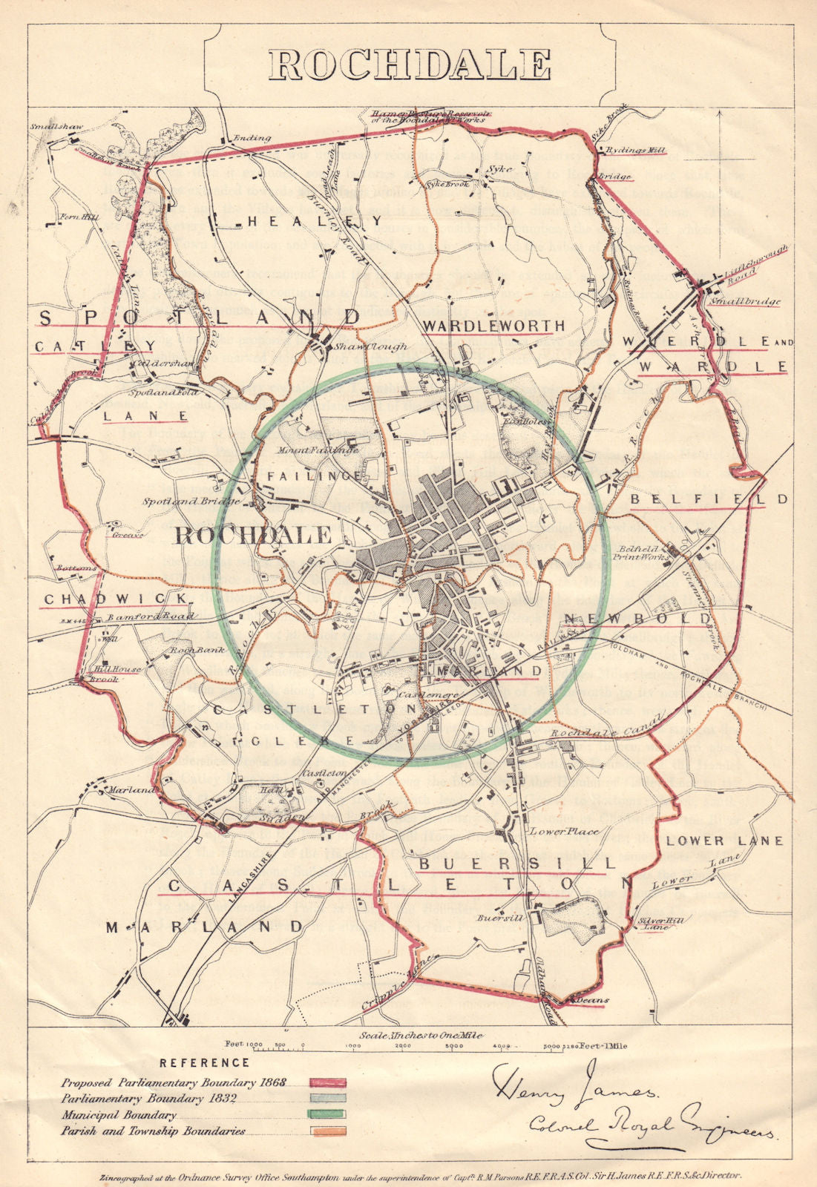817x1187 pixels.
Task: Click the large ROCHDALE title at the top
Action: (x=409, y=64)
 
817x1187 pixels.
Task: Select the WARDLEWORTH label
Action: (x=493, y=326)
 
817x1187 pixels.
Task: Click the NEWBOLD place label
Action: (x=637, y=618)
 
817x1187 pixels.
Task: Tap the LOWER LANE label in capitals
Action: (x=724, y=841)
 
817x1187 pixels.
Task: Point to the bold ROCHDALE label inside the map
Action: (x=252, y=534)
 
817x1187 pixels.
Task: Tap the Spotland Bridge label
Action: (x=191, y=502)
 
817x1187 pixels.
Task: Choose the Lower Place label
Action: (x=564, y=832)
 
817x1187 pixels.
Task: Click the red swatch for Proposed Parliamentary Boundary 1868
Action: (x=328, y=1083)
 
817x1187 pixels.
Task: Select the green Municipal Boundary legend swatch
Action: (x=328, y=1114)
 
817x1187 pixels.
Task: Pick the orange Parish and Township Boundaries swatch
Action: (x=328, y=1131)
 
